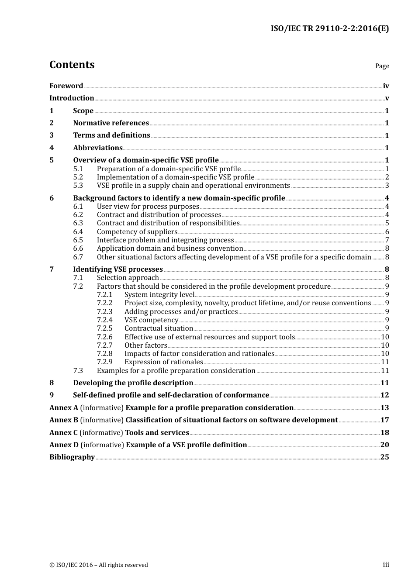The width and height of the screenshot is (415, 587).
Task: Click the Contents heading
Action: pos(72,65)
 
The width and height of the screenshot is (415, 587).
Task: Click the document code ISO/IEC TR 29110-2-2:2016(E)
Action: pos(329,29)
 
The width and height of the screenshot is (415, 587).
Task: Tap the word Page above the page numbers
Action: pos(382,66)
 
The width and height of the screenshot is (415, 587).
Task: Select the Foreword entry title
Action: pos(66,86)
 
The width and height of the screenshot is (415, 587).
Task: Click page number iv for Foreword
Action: pos(386,86)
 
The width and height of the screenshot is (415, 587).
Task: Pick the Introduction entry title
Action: pos(72,98)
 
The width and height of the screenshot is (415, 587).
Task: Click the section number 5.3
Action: pos(78,186)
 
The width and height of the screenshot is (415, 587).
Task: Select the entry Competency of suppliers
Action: pos(137,232)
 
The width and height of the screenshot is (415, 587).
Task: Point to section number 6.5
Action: pos(78,240)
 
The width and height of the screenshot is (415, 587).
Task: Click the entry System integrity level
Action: pos(159,295)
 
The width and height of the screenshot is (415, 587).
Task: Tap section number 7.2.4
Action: pos(104,320)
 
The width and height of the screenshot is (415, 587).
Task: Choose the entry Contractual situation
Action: pos(159,328)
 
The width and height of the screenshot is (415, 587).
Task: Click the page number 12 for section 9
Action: pos(384,395)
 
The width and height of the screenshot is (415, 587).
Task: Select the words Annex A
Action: pos(64,408)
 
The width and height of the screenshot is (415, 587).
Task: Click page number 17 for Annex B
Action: pos(384,420)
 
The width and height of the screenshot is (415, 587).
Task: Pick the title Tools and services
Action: pos(157,433)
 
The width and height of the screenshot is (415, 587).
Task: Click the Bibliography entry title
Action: pos(72,457)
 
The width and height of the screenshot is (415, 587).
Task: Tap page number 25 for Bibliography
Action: pos(384,457)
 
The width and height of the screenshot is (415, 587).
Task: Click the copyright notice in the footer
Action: pos(99,565)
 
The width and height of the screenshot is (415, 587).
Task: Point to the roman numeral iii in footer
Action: pos(386,565)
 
